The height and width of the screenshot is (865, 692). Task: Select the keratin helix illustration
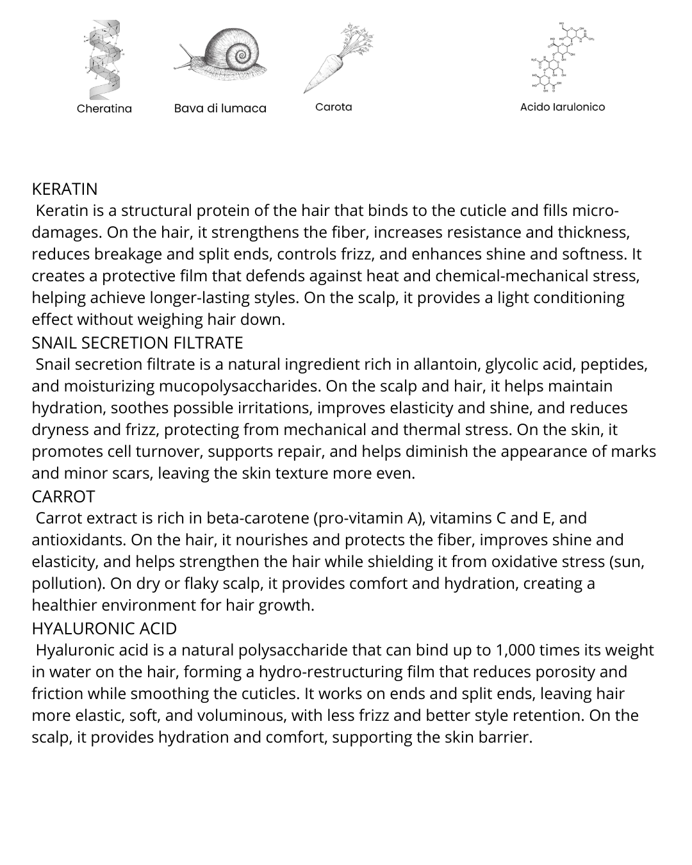pyautogui.click(x=103, y=59)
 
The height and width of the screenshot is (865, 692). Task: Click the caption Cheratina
pyautogui.click(x=104, y=108)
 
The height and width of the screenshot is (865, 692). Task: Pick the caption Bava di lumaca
pyautogui.click(x=220, y=108)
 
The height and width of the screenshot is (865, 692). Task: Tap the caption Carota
pyautogui.click(x=333, y=107)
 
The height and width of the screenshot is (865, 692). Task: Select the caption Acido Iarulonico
pyautogui.click(x=562, y=107)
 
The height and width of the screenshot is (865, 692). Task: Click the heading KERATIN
pyautogui.click(x=65, y=190)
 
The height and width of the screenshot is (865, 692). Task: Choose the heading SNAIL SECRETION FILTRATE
pyautogui.click(x=137, y=343)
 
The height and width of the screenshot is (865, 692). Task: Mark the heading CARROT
pyautogui.click(x=63, y=497)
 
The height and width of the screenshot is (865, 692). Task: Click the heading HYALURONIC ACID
pyautogui.click(x=104, y=629)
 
